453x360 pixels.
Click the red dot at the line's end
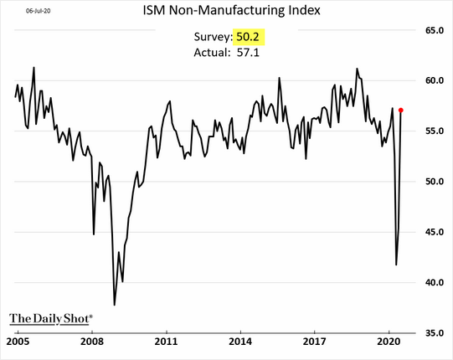click(402, 110)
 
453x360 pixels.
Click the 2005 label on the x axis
click(18, 342)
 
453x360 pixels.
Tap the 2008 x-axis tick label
click(92, 342)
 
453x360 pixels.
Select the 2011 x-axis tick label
click(167, 342)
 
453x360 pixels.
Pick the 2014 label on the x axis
click(241, 342)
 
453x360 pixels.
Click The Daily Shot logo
click(51, 318)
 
